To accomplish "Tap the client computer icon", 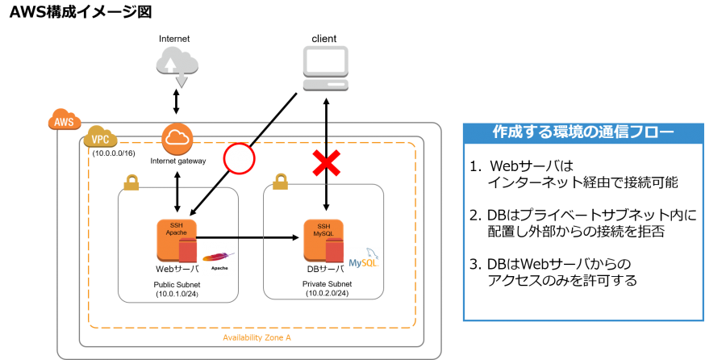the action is (x=326, y=69).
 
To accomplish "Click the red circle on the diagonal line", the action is (x=239, y=158).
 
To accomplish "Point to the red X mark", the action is (x=327, y=164).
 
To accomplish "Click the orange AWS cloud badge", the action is (x=65, y=121).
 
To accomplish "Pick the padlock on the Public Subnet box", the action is (x=131, y=182).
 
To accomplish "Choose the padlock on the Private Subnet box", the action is (x=280, y=182).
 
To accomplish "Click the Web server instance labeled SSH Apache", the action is (x=177, y=240).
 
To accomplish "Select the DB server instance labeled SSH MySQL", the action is (x=323, y=240).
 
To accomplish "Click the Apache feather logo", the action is (x=218, y=261).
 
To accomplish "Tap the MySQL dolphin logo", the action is (x=365, y=258).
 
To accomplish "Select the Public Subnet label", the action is (x=177, y=284).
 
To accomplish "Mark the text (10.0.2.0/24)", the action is (x=327, y=293).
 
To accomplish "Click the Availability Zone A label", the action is (x=257, y=337).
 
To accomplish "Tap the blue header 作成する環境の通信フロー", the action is (x=583, y=133).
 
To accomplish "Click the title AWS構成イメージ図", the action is (x=81, y=11).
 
